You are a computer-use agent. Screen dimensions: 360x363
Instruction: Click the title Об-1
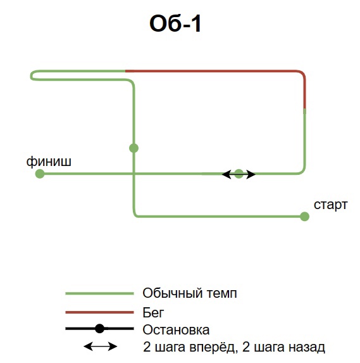(175, 23)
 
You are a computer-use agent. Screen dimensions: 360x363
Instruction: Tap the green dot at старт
(304, 217)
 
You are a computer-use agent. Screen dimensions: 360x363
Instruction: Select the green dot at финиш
(40, 174)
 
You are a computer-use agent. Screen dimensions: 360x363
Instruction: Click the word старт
(330, 205)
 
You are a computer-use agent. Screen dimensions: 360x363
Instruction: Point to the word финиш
(49, 161)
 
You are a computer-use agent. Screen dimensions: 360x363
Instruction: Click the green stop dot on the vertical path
(133, 148)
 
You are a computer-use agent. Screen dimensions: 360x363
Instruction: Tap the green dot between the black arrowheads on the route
(239, 174)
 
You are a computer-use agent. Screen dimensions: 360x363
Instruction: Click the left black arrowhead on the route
(227, 174)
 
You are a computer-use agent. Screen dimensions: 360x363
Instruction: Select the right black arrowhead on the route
(251, 174)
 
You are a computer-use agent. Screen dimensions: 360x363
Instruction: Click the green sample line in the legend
(100, 293)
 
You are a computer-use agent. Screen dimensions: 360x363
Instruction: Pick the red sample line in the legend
(100, 312)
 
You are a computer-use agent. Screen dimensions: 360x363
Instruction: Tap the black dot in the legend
(100, 329)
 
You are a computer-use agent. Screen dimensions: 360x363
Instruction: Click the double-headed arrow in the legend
(100, 347)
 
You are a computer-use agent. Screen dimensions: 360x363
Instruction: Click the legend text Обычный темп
(190, 293)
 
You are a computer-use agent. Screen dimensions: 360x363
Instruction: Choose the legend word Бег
(153, 312)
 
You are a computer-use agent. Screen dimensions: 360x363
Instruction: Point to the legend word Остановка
(176, 329)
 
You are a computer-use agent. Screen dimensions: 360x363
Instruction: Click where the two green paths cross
(133, 174)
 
